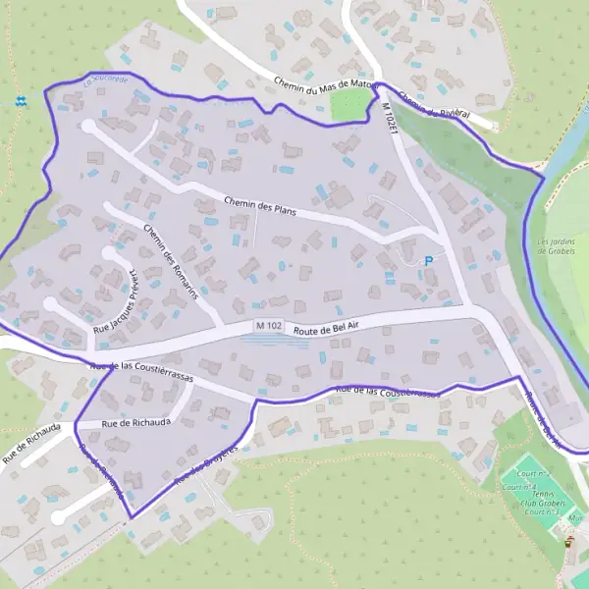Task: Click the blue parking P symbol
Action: [428, 260]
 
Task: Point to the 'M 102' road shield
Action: [267, 326]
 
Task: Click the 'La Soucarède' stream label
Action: [106, 82]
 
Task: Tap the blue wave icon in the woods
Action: [22, 100]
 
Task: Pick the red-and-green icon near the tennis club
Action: [567, 538]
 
